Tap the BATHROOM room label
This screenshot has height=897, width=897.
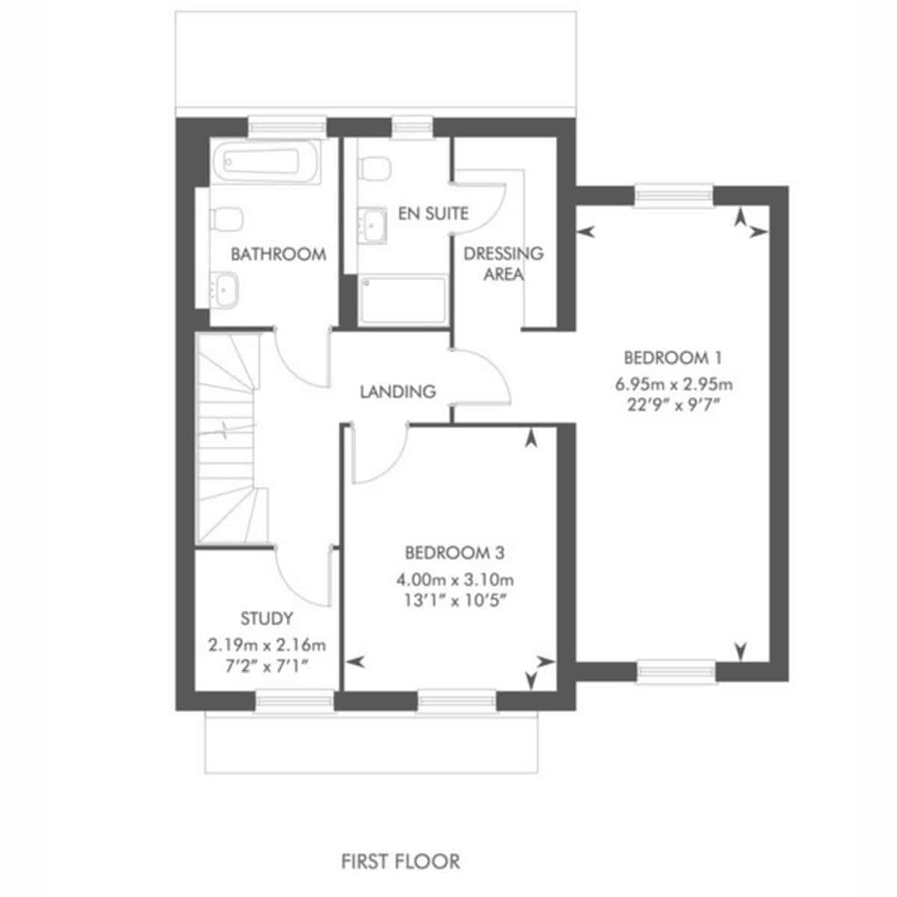[278, 254]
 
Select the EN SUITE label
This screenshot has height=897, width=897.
[433, 213]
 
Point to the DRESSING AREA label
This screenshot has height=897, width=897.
[504, 263]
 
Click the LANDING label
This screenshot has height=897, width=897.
[398, 392]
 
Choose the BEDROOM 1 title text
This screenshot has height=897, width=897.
[673, 358]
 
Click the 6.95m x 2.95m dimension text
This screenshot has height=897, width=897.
[674, 384]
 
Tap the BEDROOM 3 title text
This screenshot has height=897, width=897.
[454, 553]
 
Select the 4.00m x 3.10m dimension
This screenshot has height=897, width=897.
[454, 580]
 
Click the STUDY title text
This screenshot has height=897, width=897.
[267, 618]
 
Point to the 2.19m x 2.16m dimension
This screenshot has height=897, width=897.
[267, 645]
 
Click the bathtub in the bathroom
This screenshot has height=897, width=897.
[267, 161]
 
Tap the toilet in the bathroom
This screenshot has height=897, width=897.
[226, 219]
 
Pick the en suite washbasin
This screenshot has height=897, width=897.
[372, 226]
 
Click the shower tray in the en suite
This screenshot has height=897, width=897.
[403, 298]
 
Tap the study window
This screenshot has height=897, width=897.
[295, 700]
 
